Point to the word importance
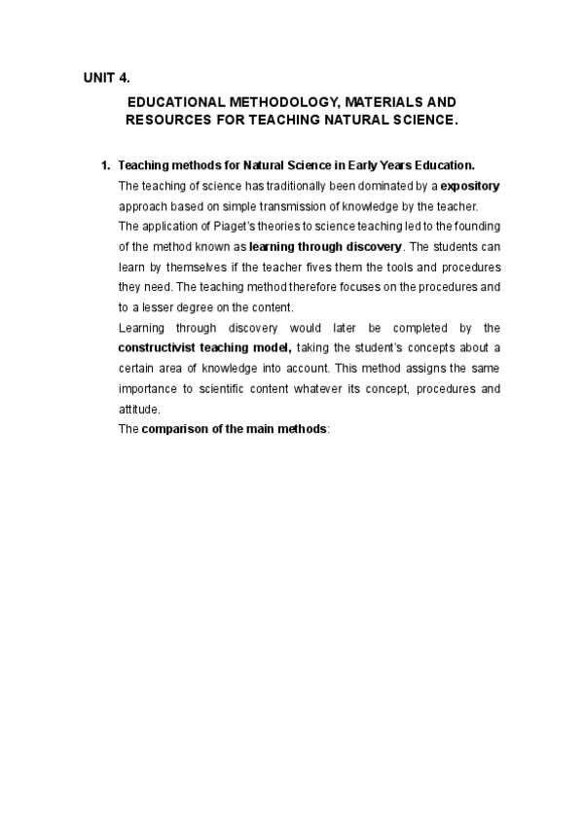(146, 389)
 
